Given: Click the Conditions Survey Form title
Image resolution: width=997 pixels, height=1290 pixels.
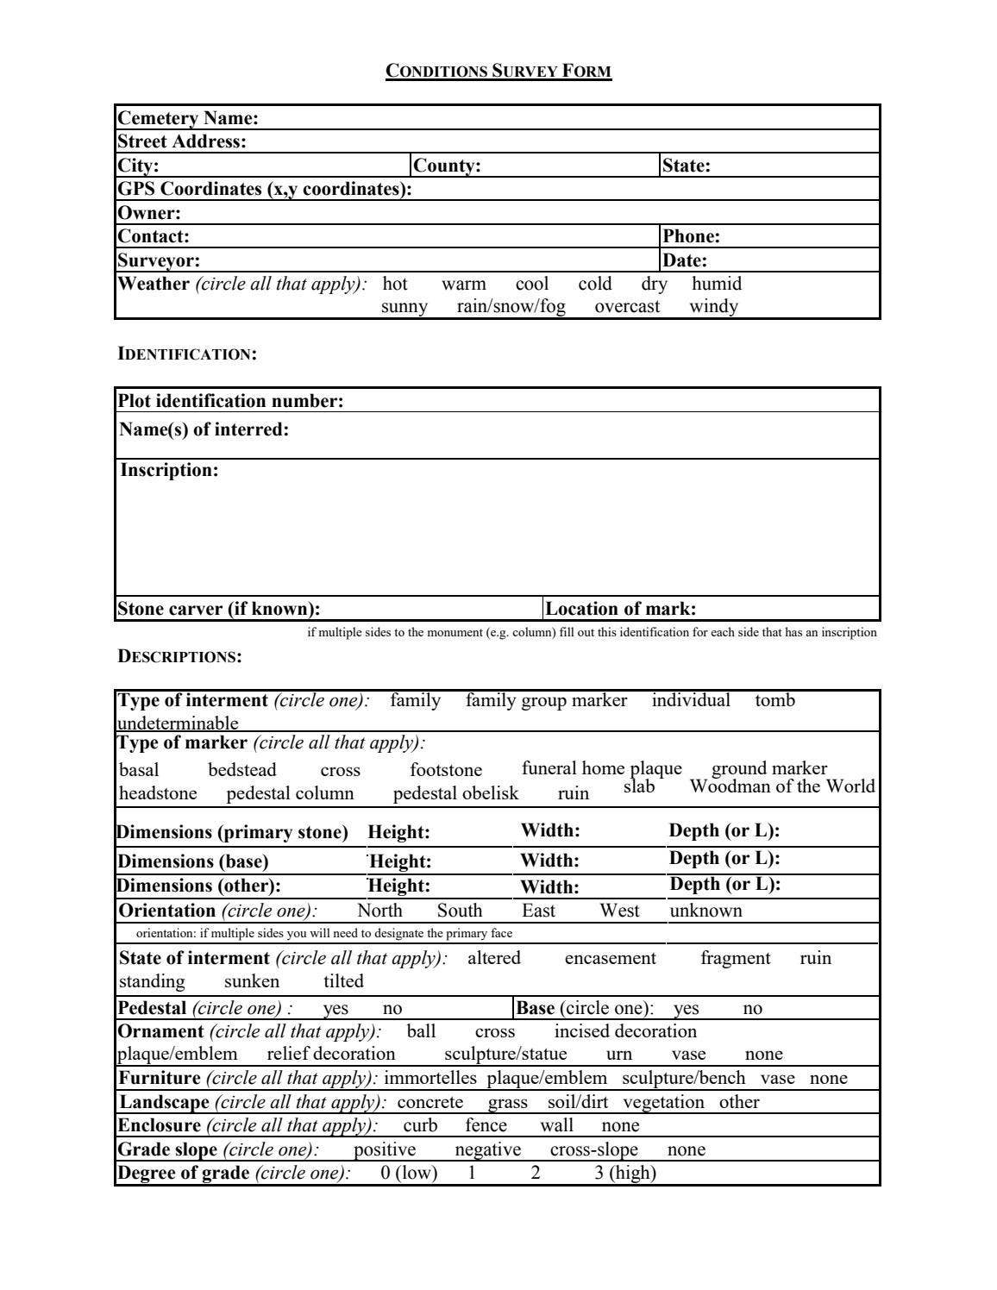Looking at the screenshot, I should [498, 72].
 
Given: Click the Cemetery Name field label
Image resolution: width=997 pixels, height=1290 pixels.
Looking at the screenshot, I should [188, 118].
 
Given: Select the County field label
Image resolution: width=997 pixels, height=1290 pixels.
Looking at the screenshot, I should [447, 166].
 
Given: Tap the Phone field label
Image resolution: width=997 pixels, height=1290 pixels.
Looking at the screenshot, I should [691, 236].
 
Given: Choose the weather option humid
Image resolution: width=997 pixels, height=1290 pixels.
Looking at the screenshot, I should [716, 284].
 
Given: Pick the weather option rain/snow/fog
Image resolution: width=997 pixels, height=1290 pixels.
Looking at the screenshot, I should [511, 306].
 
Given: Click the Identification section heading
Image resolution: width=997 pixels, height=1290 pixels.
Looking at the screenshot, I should [187, 354].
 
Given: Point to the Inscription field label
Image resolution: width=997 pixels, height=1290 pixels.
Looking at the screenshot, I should [169, 470].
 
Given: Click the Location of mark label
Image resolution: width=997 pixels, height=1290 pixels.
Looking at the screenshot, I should [621, 609].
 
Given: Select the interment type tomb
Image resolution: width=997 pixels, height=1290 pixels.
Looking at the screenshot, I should [774, 700].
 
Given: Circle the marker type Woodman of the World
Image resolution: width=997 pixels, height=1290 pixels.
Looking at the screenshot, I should [781, 786].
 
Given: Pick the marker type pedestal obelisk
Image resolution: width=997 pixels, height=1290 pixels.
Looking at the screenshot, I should [455, 793].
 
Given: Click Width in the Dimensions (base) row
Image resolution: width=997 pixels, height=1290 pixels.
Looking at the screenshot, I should [549, 860].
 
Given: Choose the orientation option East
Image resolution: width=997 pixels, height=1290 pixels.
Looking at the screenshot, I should [538, 911].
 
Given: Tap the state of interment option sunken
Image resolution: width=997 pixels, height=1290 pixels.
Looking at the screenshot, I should [251, 981].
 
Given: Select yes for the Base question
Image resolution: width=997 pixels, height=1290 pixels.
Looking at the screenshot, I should [686, 1008].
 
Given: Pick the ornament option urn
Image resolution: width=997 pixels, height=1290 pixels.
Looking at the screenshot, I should [618, 1054].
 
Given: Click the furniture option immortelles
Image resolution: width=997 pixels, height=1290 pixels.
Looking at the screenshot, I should [430, 1078].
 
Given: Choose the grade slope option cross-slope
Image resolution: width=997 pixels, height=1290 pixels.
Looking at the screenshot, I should [593, 1149].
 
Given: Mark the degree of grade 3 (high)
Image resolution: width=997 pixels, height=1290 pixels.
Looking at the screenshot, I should [624, 1173].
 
